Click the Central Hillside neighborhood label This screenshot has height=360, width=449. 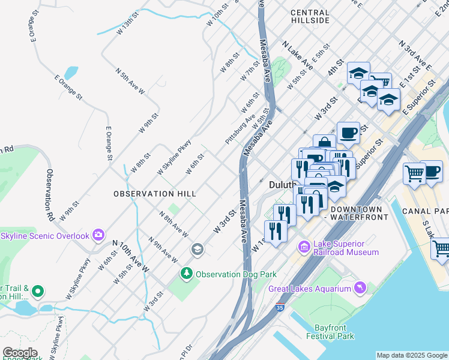pos(310,16)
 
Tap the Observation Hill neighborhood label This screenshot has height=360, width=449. pos(155,194)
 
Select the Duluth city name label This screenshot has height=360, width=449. pos(282,185)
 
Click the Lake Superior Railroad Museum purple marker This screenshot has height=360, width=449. pos(305,247)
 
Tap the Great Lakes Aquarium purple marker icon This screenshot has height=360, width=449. pos(360,289)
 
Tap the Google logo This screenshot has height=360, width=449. pos(20,353)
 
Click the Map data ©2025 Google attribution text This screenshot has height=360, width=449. pos(411,355)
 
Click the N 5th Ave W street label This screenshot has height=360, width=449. pos(130,82)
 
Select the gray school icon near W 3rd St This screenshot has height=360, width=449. pos(197,248)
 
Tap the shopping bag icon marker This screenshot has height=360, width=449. pos(324,143)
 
